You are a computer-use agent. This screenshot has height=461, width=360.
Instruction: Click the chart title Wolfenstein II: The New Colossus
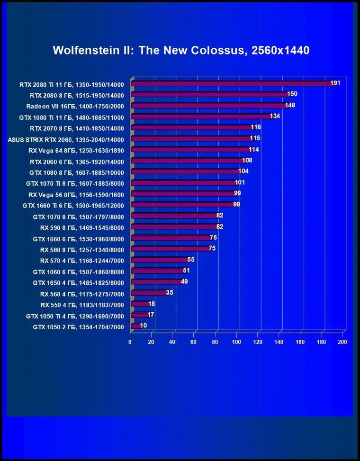181,50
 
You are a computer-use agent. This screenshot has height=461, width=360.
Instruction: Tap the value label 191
335,83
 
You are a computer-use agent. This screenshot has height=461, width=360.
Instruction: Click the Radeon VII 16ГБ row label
75,107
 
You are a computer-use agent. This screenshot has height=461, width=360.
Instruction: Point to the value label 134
275,116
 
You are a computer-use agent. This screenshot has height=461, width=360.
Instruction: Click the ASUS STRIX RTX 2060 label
66,140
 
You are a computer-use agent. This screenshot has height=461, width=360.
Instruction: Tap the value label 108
247,160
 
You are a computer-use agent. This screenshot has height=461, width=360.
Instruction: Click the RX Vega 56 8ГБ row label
76,195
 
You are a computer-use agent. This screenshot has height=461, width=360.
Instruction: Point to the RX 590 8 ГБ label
82,228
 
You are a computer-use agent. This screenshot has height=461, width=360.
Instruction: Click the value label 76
213,237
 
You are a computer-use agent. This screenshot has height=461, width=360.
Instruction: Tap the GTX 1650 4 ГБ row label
79,283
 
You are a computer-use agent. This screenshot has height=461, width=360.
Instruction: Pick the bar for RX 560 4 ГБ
150,293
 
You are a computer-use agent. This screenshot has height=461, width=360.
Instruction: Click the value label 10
144,325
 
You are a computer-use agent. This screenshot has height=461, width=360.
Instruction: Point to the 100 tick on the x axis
236,342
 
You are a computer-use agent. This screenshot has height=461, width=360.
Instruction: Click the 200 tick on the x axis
342,342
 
